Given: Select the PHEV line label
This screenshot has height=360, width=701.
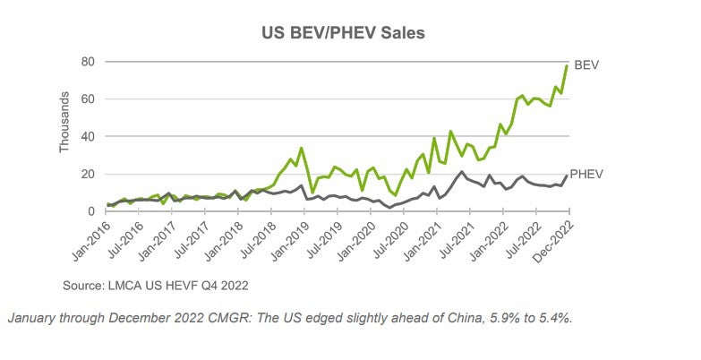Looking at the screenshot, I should [589, 174].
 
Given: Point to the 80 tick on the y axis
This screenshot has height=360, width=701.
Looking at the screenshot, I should [88, 62].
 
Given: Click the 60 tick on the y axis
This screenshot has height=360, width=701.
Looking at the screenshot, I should [88, 99].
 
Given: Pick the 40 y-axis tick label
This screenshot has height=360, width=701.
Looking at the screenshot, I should [88, 136].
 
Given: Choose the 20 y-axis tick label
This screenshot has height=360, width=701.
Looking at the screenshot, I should [88, 174].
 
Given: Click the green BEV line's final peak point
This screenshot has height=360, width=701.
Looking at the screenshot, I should [568, 66].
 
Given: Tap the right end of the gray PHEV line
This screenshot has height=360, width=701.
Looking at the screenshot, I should [568, 176].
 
